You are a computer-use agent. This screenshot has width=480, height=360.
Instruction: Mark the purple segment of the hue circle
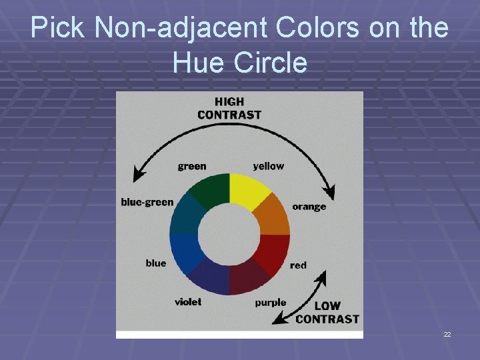click(247, 277)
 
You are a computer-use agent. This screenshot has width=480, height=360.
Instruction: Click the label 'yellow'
click(268, 166)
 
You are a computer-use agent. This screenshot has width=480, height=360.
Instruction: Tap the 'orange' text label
click(309, 206)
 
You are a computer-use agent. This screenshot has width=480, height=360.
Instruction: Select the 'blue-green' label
click(147, 202)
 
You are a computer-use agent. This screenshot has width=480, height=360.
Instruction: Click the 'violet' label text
click(188, 302)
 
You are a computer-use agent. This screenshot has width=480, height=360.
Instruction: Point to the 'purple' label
click(271, 303)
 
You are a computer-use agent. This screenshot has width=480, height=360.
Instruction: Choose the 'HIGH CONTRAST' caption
click(229, 108)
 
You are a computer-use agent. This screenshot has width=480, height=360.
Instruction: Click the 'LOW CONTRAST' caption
click(327, 313)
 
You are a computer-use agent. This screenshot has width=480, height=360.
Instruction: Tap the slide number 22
click(447, 333)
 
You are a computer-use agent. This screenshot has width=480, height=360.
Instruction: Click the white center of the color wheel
click(229, 233)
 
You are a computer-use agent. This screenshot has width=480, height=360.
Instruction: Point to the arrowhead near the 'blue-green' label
click(139, 175)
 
